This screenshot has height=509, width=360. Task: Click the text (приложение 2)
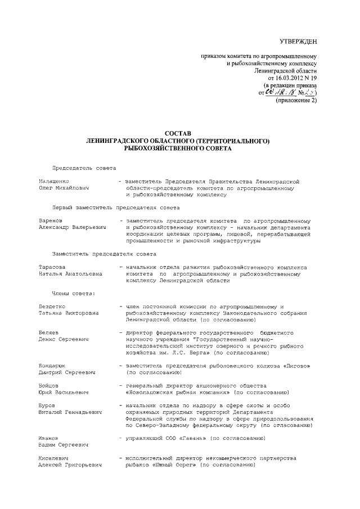pyautogui.click(x=296, y=101)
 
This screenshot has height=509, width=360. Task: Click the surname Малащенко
pyautogui.click(x=56, y=182)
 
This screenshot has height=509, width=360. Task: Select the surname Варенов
pyautogui.click(x=51, y=221)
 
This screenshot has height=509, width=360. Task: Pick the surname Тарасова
pyautogui.click(x=52, y=267)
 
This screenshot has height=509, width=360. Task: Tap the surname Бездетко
pyautogui.click(x=54, y=306)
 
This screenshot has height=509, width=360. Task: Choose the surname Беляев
pyautogui.click(x=49, y=333)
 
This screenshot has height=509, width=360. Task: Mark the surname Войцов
pyautogui.click(x=49, y=386)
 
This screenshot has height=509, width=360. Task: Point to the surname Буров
pyautogui.click(x=47, y=406)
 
